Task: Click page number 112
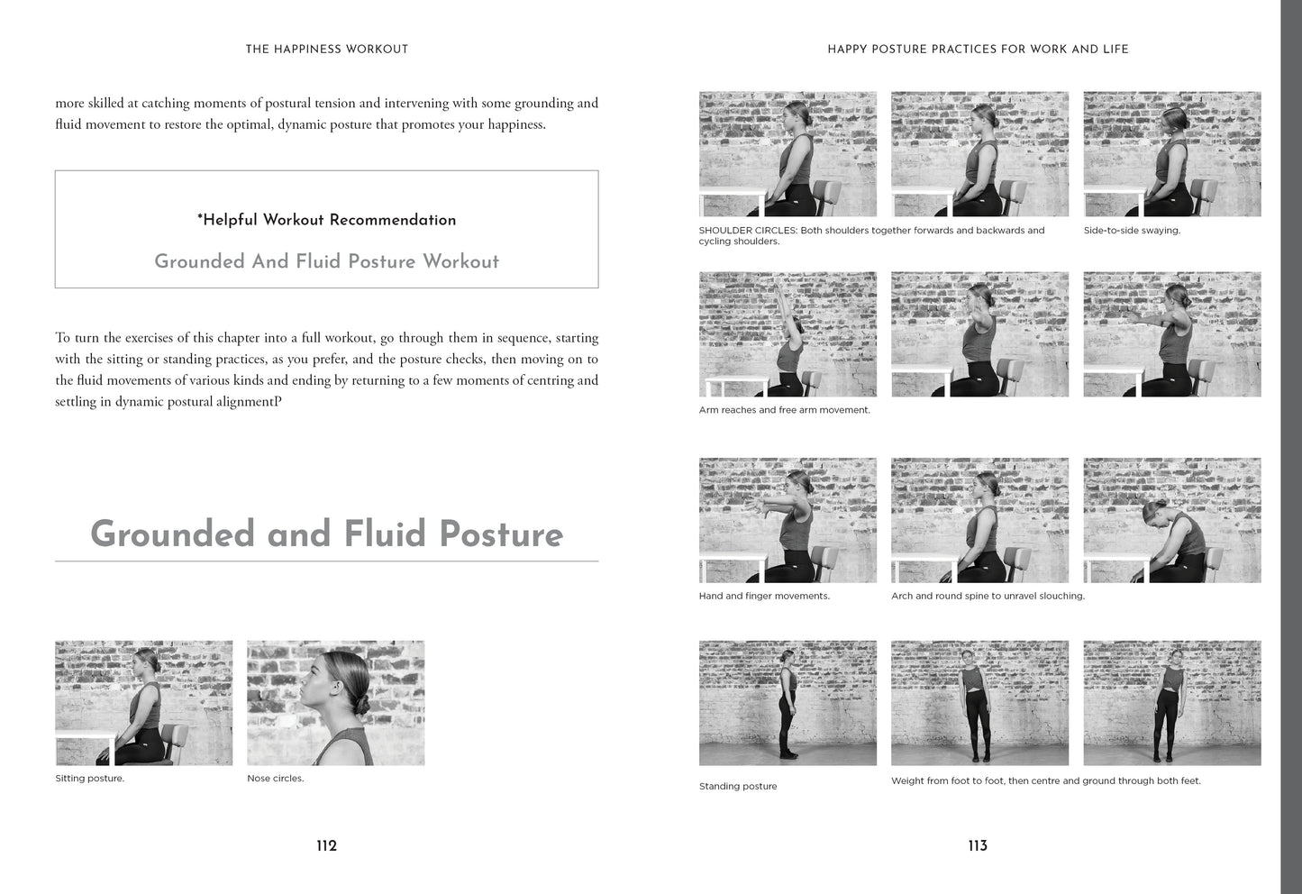[x=327, y=845]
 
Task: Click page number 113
[x=978, y=845]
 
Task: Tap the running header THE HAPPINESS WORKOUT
[x=327, y=50]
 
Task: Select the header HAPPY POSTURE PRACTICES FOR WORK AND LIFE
[x=978, y=50]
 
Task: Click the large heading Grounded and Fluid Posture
[x=327, y=534]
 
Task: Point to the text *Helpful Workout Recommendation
[x=327, y=220]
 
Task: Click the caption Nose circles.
[x=276, y=779]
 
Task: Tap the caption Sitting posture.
[x=89, y=779]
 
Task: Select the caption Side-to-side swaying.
[x=1132, y=230]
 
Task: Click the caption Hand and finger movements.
[x=764, y=596]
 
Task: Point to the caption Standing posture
[x=738, y=787]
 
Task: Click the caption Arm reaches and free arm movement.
[x=784, y=410]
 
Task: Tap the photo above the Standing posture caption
[x=788, y=703]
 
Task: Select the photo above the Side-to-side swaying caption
[x=1172, y=154]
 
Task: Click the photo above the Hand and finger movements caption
[x=788, y=520]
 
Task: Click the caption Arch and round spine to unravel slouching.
[x=988, y=596]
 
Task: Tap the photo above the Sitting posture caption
[x=143, y=703]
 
